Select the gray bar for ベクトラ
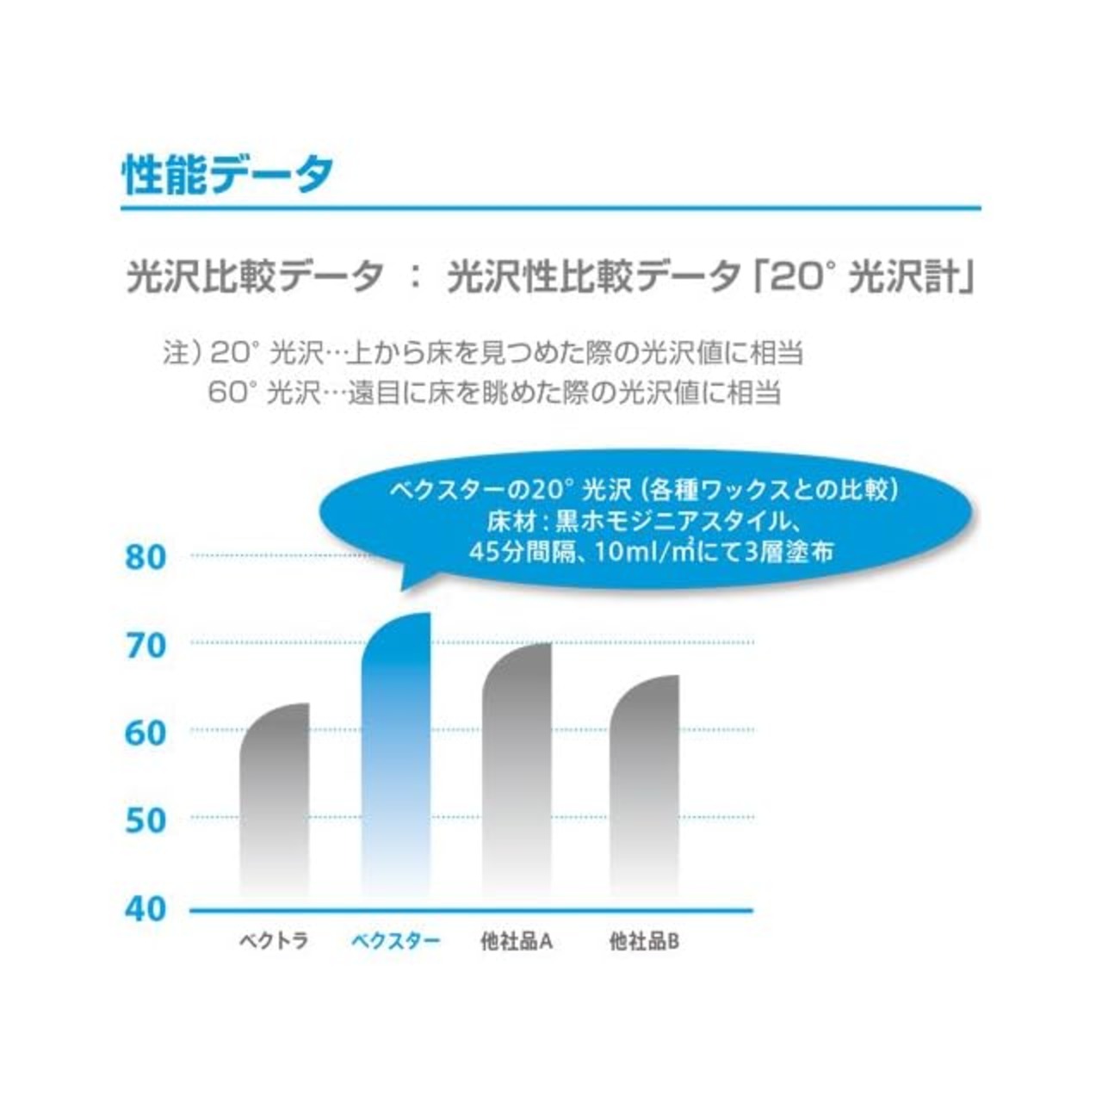pos(275,801)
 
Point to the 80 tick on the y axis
pos(145,558)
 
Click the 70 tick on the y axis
pos(145,646)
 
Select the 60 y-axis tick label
pos(145,734)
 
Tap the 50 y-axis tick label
pos(145,820)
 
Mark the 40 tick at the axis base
pos(145,908)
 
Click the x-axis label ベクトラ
pos(274,941)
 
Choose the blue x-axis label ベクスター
pos(395,941)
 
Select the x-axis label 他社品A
pos(517,941)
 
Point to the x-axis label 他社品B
pos(644,941)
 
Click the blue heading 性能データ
pos(227,175)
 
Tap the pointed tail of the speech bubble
pos(405,585)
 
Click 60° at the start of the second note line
pos(232,393)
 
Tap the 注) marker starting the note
pos(182,353)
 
